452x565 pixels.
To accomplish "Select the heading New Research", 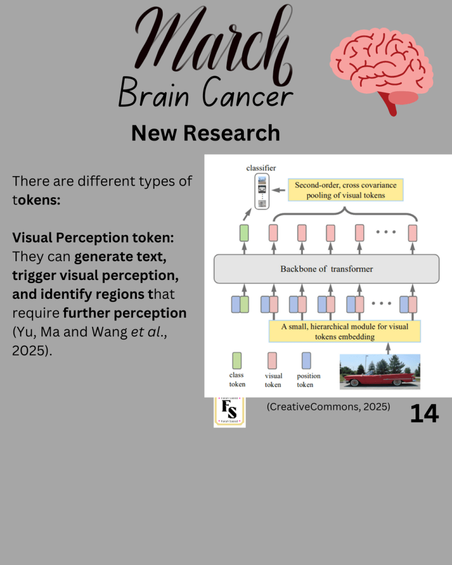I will click(205, 133).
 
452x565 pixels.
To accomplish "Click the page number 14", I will click(424, 414).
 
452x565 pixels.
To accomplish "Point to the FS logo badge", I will click(230, 411).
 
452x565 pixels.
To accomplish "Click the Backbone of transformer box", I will click(326, 269).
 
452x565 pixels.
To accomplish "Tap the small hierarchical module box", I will click(344, 331).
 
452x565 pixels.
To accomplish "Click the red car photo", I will click(380, 372).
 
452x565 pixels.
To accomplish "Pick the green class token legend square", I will click(236, 361).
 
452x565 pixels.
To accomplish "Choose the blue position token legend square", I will click(306, 361).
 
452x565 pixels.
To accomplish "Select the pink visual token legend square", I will click(273, 361).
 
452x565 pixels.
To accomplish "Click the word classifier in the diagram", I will click(260, 167).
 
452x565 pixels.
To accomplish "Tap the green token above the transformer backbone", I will click(244, 233).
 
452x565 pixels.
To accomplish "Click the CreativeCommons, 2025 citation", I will click(328, 407).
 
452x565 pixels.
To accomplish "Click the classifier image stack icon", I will click(262, 191).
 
